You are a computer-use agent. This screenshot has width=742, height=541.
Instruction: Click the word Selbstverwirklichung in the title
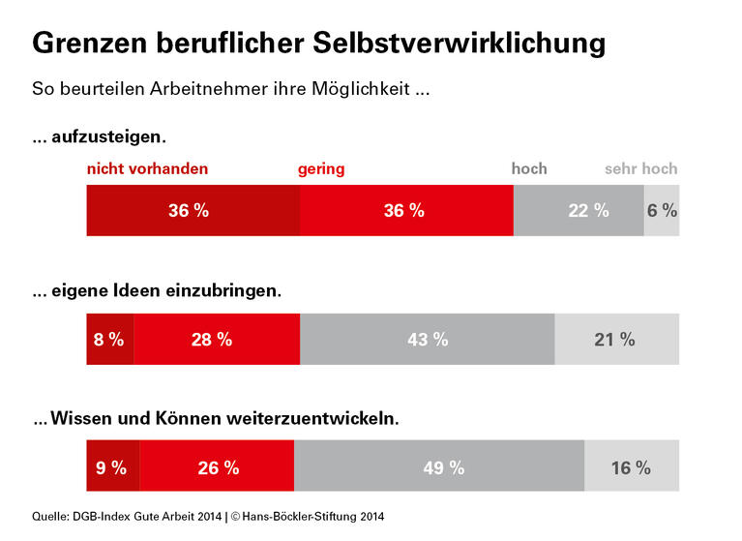coord(460,44)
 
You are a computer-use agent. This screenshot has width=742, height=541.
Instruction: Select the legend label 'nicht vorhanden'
coord(147,168)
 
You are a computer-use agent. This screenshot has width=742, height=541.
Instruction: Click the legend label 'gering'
coord(321,168)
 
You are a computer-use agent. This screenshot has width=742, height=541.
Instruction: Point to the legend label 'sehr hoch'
coord(640,168)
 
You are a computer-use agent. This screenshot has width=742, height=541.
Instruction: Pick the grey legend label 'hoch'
coord(529,168)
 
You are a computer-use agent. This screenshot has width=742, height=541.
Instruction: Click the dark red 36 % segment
coord(193,211)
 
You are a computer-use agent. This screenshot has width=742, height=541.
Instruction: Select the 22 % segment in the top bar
coord(578,211)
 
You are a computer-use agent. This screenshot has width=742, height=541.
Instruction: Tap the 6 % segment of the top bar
coord(662,211)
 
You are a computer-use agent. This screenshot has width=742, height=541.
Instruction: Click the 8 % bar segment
coord(109,339)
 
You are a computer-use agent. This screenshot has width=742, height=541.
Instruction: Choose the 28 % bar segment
coord(216,339)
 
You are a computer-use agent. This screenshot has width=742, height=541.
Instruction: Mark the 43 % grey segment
coord(427,339)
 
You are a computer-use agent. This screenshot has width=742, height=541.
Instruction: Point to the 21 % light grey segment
coord(616,339)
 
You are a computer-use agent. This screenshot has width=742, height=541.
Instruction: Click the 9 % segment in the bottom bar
coord(112,467)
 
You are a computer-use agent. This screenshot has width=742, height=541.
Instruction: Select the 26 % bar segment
coord(217,467)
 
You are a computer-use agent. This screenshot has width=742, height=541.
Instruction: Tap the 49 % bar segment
coord(439,467)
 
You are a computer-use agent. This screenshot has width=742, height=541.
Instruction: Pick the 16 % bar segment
coord(632,467)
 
